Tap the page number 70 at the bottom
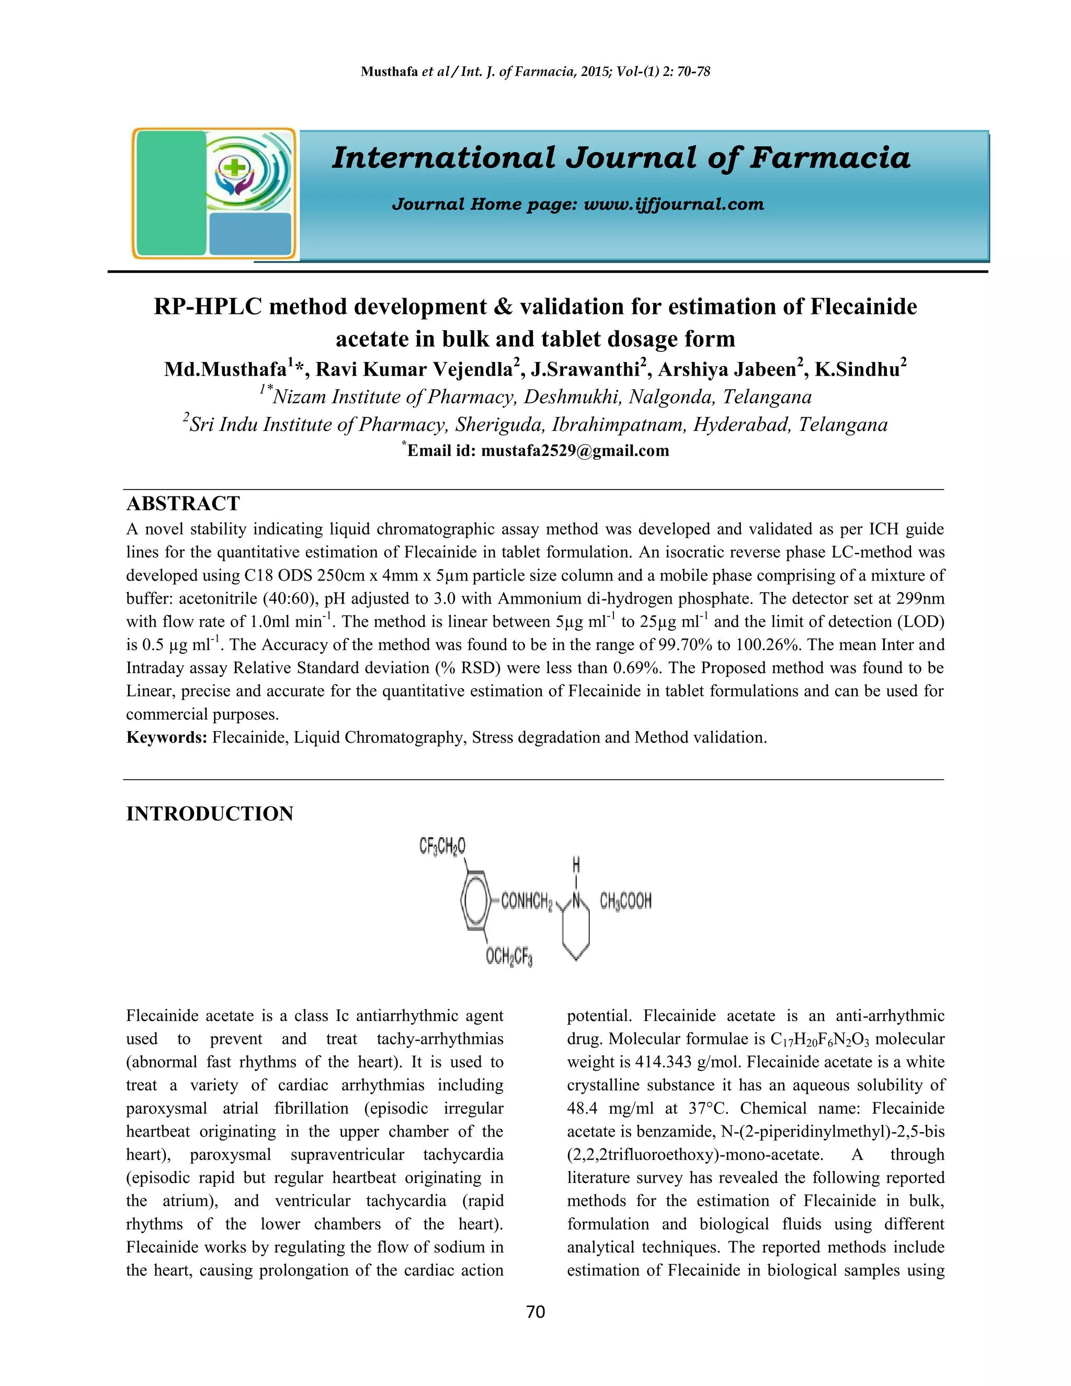[535, 1312]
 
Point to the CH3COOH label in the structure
[625, 901]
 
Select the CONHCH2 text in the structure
[527, 901]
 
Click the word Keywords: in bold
[167, 737]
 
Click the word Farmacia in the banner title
[830, 157]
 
